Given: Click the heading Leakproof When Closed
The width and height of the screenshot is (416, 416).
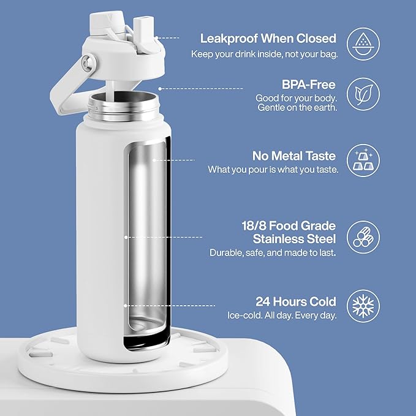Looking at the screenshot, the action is click(x=268, y=39).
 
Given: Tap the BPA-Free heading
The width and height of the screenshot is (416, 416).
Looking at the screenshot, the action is click(x=309, y=85).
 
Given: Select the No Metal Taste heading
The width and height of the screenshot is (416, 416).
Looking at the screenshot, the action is click(x=294, y=156).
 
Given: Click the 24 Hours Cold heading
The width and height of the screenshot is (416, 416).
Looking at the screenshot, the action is click(x=296, y=301).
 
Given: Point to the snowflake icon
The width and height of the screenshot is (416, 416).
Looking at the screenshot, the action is click(x=363, y=306).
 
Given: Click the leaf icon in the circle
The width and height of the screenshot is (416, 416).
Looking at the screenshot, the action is click(x=363, y=94).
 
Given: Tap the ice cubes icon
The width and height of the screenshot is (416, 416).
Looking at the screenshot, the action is click(x=363, y=160).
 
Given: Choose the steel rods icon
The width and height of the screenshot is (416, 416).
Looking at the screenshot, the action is click(x=363, y=237).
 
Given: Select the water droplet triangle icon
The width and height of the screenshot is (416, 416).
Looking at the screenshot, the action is click(x=363, y=43).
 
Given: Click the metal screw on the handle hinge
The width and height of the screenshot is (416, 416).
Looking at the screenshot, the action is click(x=87, y=63).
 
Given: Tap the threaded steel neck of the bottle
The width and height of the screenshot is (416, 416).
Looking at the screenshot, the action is click(x=123, y=106).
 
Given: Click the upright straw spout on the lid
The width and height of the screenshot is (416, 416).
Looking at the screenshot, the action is click(x=143, y=31).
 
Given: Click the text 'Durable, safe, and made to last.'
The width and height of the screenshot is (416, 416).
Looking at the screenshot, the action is click(x=273, y=252).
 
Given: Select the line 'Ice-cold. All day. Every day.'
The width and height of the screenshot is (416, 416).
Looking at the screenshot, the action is click(x=282, y=316).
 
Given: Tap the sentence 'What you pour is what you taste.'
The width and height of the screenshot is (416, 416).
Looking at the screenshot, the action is click(x=273, y=170).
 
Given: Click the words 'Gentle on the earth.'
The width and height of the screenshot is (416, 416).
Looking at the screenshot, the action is click(x=297, y=108).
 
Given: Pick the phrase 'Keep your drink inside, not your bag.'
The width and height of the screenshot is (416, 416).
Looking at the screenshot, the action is click(x=265, y=55).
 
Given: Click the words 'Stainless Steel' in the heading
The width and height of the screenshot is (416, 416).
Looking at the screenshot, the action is click(x=294, y=239).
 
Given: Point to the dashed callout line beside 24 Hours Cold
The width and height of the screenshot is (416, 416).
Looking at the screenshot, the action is click(x=170, y=306).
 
